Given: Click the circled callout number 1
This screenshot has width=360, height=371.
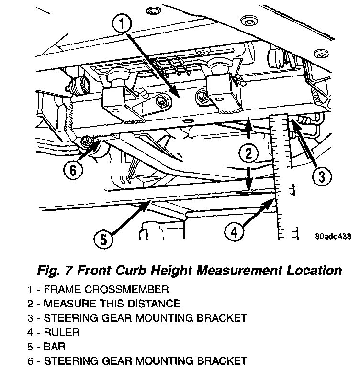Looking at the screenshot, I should [x=122, y=23].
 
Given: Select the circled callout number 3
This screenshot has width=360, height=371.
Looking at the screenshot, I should [x=321, y=176].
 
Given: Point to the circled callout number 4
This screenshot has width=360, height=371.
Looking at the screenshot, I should [x=234, y=232].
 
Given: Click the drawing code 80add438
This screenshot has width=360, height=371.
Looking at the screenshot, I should [x=333, y=236].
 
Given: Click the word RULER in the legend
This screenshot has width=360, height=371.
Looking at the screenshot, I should [x=61, y=332].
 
